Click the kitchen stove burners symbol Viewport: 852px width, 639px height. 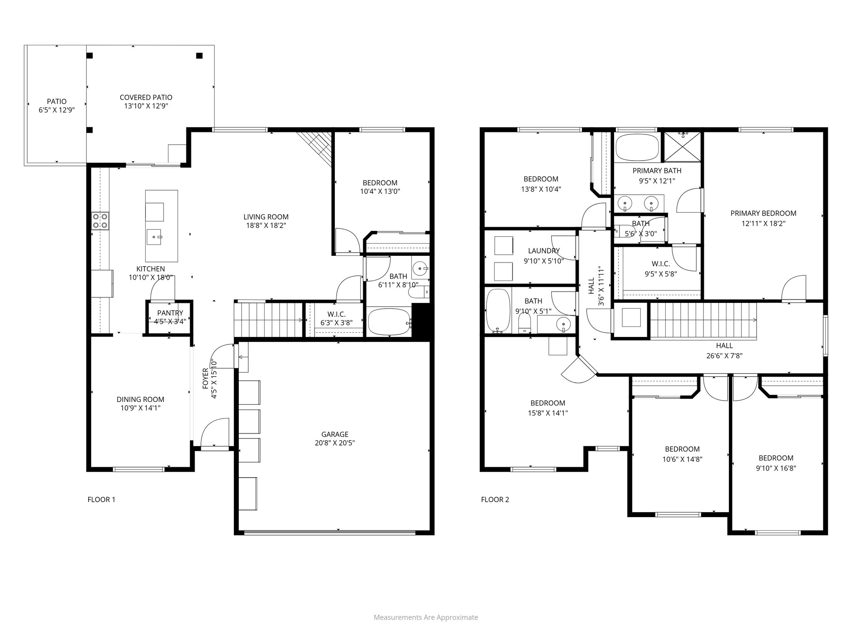[x=100, y=221]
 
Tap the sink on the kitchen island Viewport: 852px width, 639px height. [x=155, y=238]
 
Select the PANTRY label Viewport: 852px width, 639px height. [x=170, y=313]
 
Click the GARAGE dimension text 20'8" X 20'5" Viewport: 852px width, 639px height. [x=334, y=443]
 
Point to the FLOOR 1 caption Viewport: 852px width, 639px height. [x=101, y=500]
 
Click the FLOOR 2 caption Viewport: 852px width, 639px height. [x=495, y=500]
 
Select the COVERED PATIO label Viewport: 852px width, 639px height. [x=146, y=97]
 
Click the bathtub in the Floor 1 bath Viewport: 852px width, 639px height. [x=389, y=322]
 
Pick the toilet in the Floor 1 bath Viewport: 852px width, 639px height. [x=418, y=293]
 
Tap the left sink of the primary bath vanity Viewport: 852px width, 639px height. [x=625, y=203]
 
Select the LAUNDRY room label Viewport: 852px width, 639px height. [x=544, y=251]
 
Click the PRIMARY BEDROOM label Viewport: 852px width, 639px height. [x=763, y=213]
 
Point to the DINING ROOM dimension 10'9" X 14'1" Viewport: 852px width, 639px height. [x=140, y=408]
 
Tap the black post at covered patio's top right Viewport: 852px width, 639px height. [x=199, y=55]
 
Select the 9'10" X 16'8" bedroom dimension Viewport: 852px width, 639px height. [x=776, y=468]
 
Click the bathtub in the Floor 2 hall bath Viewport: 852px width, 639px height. [x=498, y=311]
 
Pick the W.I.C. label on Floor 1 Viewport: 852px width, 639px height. [x=336, y=315]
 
